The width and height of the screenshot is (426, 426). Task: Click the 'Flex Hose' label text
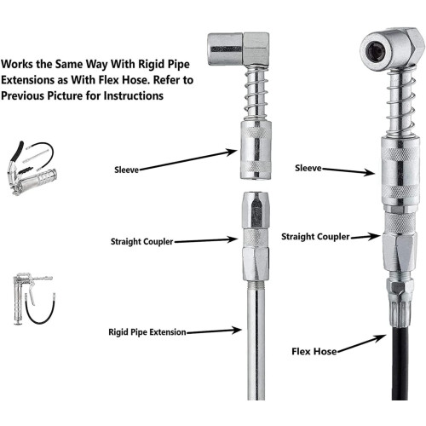coord(314,352)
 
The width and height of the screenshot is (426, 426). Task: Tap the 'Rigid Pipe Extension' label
coord(147,332)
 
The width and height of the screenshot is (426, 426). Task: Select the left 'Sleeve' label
coord(126,170)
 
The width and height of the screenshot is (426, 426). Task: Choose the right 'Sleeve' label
coord(308,168)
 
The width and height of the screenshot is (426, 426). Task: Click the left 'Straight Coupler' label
coord(141,242)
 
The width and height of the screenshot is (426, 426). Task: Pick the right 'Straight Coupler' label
coord(315,237)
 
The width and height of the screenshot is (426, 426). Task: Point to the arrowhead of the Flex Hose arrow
coord(382,337)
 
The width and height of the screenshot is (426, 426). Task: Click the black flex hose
coord(400,364)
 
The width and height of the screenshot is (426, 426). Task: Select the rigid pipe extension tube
coord(256,341)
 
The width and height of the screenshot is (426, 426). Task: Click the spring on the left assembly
coord(256,92)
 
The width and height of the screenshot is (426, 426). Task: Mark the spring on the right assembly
coord(400,103)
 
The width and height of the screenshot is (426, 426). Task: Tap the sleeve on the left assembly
coord(256,150)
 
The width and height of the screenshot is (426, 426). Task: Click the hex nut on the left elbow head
coord(256,49)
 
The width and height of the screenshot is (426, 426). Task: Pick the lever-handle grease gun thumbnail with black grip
coord(32,168)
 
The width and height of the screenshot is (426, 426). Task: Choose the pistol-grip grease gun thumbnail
coord(33,299)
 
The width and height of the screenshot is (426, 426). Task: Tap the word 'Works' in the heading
coord(17,64)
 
